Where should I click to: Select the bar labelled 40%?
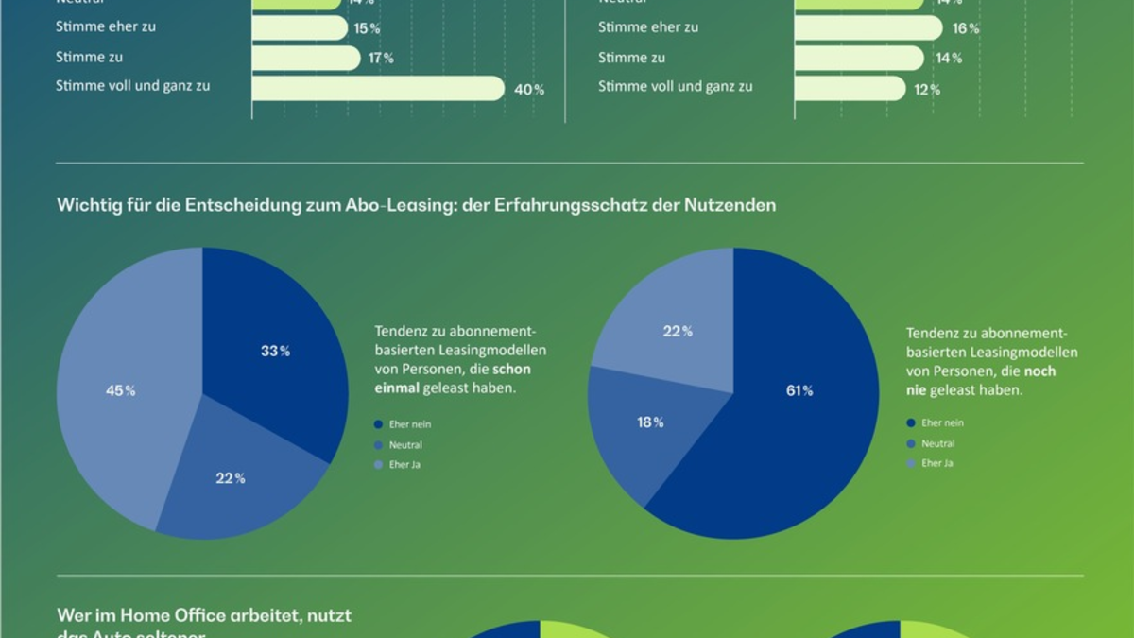[x=378, y=88]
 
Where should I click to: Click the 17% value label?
[x=382, y=59]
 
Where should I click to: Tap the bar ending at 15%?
[x=300, y=28]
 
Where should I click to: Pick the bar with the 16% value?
[x=868, y=28]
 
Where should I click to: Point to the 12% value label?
[x=927, y=90]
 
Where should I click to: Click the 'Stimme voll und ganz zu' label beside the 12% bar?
[x=675, y=86]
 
